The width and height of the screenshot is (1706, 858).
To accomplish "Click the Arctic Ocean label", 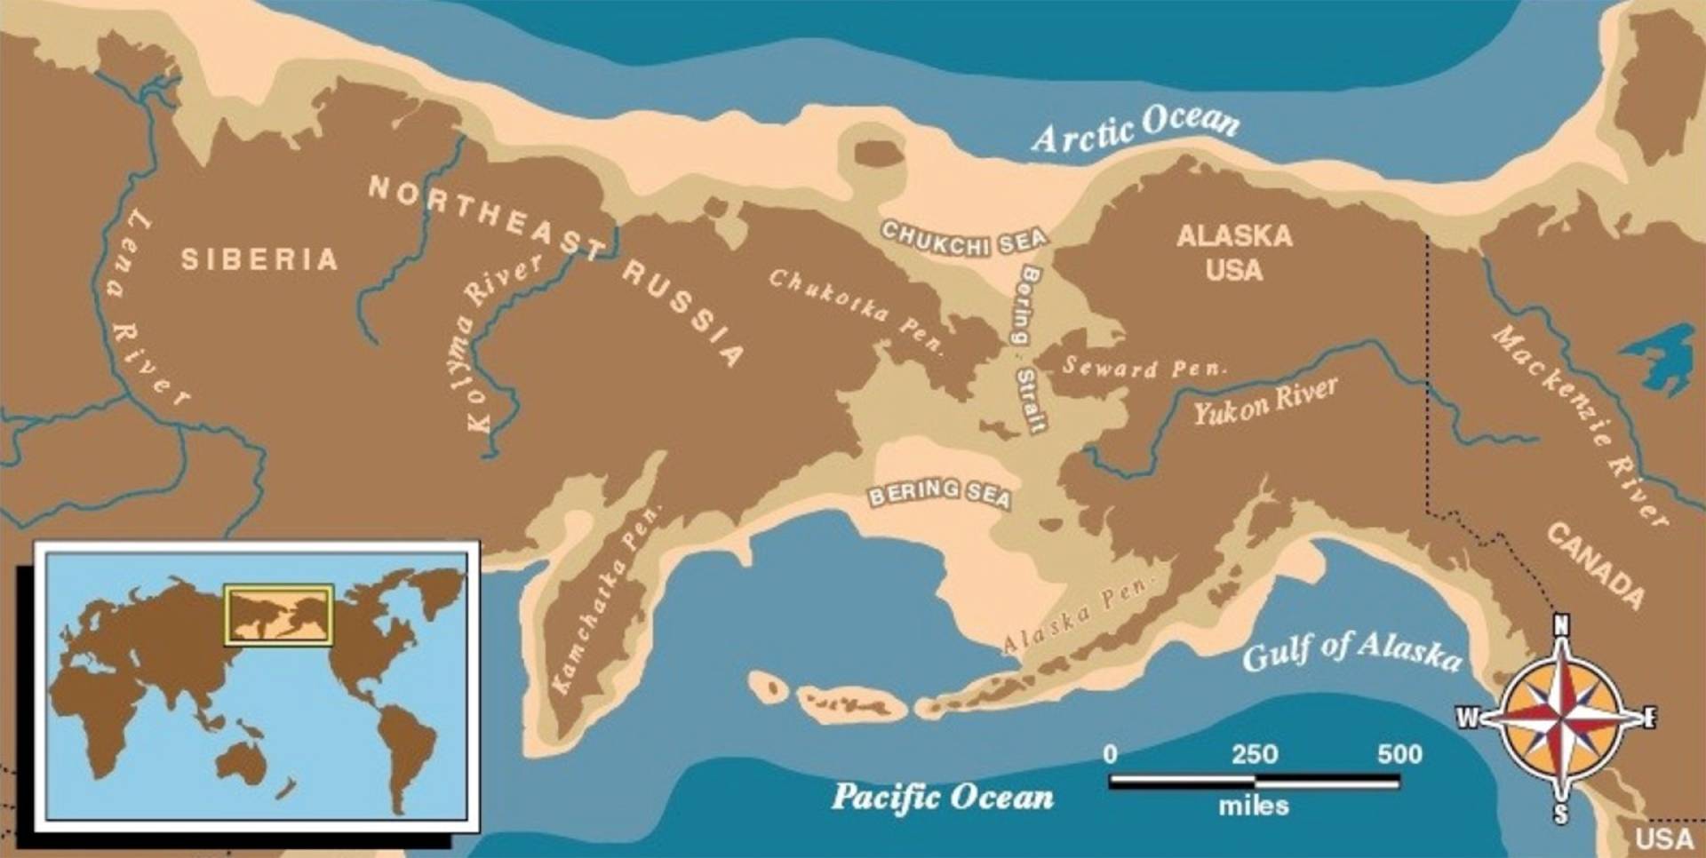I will pos(1136,131).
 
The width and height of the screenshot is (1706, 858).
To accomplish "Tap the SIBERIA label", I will pos(259,259).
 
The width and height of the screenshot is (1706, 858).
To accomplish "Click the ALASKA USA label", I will pos(1233,252).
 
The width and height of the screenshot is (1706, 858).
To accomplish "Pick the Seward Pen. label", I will pos(1144,367).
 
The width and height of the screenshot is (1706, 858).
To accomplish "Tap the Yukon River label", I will pos(1265,401).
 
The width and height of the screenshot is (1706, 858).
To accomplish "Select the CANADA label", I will pos(1595,565).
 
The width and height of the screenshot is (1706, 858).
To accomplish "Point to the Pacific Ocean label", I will pos(942,797).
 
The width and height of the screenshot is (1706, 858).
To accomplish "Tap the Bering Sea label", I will pos(939,493).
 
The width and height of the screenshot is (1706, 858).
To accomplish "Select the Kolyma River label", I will pos(502,342).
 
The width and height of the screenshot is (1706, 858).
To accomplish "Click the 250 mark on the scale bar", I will pos(1254,755).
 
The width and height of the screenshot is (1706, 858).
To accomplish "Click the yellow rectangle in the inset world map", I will pos(278,614).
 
